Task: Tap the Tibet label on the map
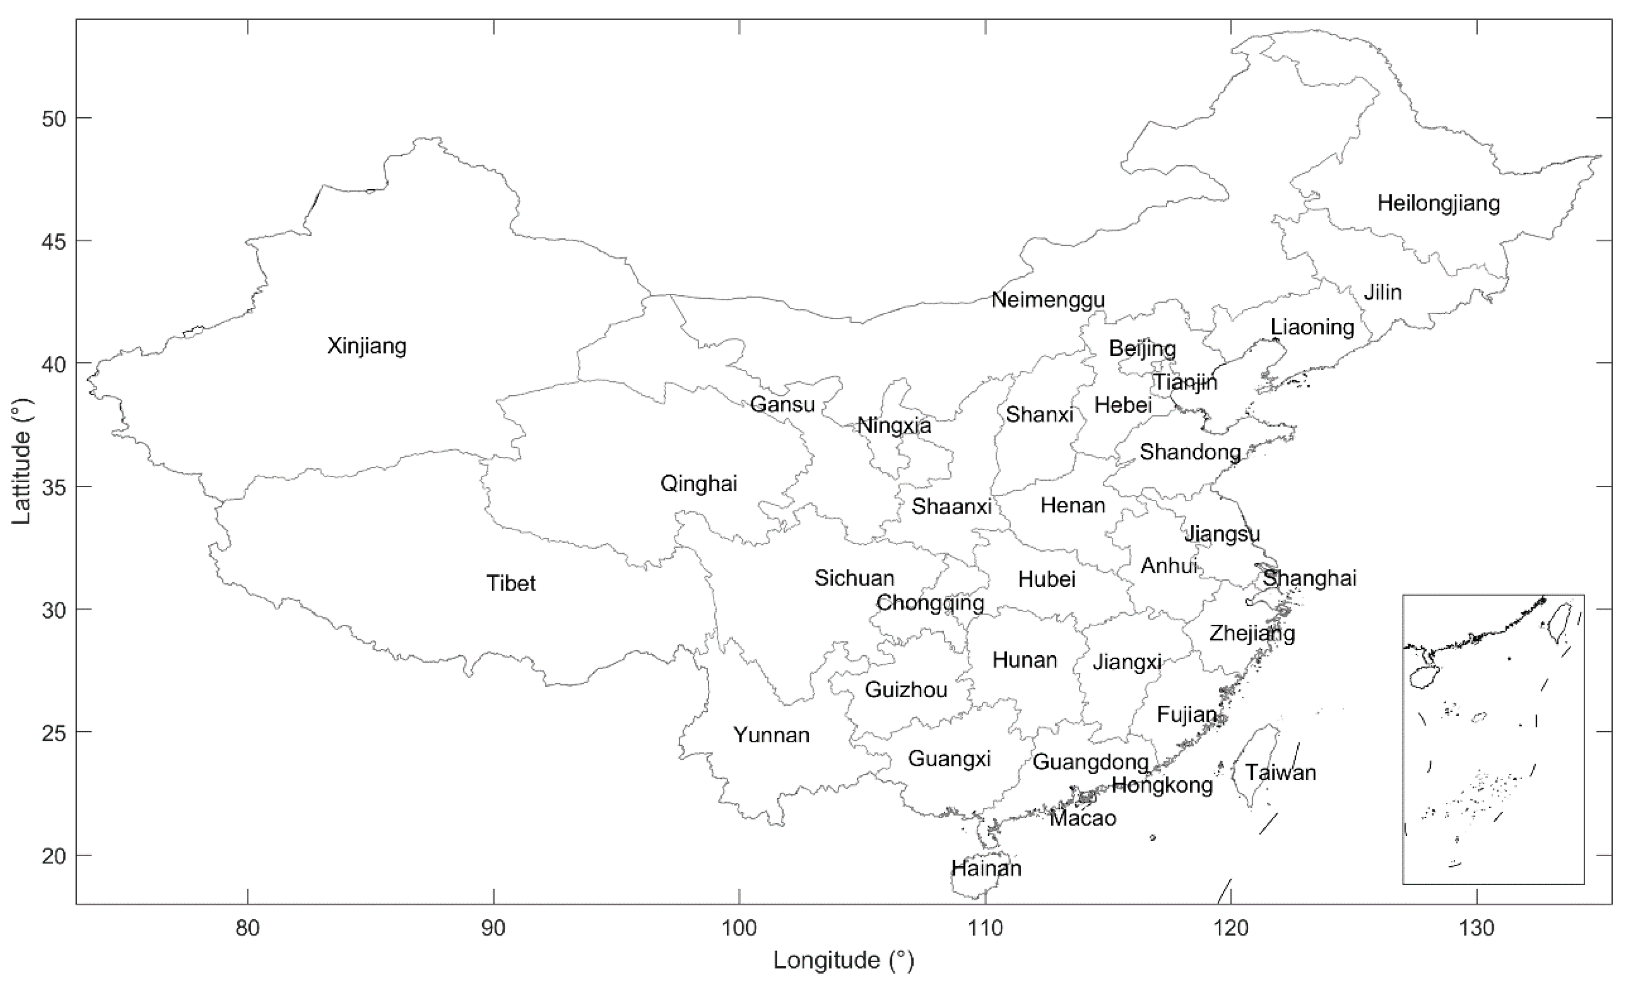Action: click(x=511, y=583)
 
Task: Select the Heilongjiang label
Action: click(x=1438, y=203)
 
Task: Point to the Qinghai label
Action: click(x=698, y=484)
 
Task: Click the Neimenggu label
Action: click(x=1048, y=300)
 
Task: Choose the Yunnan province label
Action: click(x=771, y=735)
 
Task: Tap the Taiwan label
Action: click(x=1280, y=772)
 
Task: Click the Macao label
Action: click(x=1083, y=818)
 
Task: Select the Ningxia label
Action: click(x=894, y=425)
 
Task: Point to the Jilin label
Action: click(x=1383, y=292)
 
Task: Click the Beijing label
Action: click(x=1142, y=348)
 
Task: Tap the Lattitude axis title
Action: click(x=22, y=461)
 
